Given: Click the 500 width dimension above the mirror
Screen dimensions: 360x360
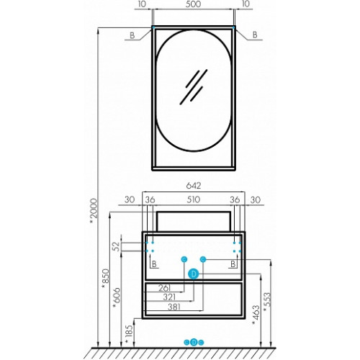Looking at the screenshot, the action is (193, 4).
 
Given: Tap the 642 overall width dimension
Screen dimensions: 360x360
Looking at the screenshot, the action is (194, 185).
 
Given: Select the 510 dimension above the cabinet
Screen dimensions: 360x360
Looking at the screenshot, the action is (194, 199).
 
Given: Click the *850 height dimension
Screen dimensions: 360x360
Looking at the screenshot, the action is (105, 279).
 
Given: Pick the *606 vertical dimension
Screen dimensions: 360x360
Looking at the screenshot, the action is (117, 297).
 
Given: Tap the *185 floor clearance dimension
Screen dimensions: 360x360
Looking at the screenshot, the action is (129, 335).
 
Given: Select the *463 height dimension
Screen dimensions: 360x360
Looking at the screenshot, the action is (256, 315).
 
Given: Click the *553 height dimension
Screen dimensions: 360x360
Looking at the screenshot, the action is (267, 302).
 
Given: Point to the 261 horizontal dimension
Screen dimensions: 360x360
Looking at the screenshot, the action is (165, 287).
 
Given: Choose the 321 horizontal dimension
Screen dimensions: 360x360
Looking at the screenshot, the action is (169, 297).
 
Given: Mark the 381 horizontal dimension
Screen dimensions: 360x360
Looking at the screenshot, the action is (174, 307).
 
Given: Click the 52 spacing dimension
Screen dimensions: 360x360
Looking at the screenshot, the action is (116, 246).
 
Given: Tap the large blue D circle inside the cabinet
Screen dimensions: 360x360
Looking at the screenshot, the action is (194, 274).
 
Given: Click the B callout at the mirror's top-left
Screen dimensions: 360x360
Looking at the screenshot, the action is (132, 35).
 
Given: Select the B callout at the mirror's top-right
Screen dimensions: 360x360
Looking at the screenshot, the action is (255, 35).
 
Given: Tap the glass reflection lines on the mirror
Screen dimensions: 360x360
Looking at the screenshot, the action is (194, 87).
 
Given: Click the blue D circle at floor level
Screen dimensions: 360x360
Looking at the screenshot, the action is (194, 342).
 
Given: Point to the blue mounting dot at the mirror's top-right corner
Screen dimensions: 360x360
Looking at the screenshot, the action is (233, 27).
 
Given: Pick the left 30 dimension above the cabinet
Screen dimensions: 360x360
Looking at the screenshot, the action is (130, 199).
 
